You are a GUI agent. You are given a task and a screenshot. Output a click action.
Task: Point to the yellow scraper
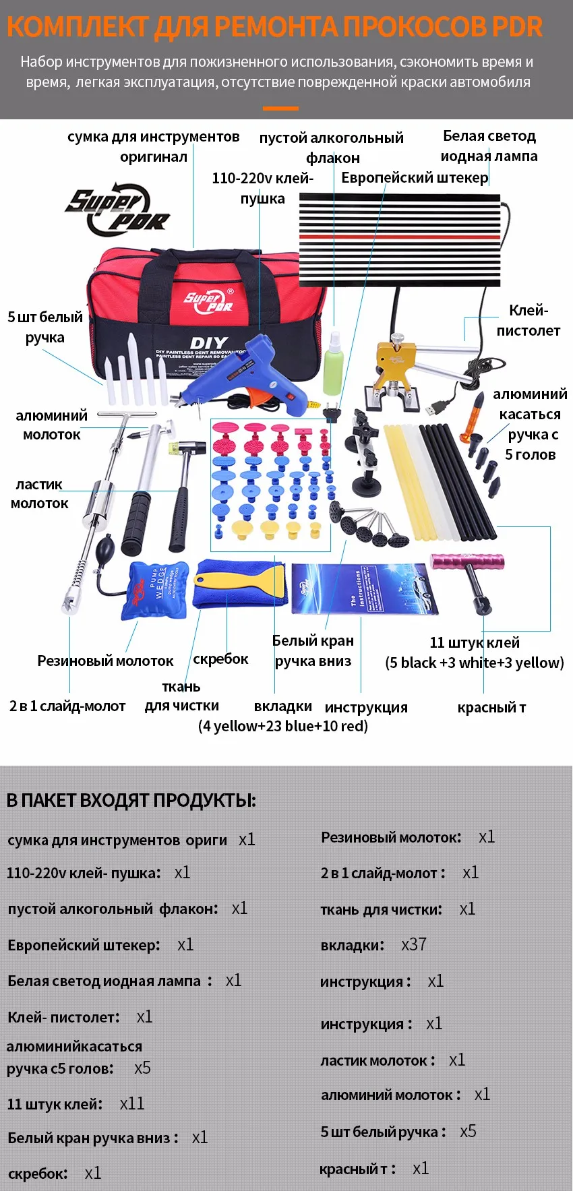239,580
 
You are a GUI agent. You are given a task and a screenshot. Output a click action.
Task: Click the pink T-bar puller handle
467,561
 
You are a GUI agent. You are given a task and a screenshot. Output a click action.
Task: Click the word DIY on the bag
209,343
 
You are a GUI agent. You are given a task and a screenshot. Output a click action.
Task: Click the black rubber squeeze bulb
106,545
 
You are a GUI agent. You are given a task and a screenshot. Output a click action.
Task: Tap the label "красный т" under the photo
491,708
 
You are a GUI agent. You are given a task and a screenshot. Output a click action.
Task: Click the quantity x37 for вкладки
414,944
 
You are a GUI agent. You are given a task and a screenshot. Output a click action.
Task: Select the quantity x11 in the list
132,1103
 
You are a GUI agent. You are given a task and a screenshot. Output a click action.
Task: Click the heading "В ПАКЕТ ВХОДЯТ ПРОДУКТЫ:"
131,800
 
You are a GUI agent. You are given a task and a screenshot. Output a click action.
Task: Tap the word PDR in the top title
517,26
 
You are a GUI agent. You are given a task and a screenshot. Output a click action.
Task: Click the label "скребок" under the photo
220,659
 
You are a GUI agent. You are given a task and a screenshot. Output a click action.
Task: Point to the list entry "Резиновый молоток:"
391,837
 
